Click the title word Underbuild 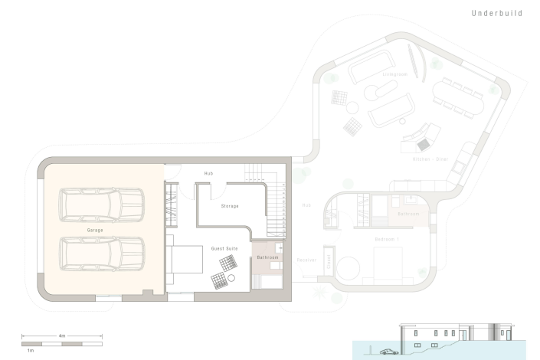pos(497,14)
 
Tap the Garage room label pos(94,230)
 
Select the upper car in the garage pos(102,205)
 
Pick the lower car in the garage pos(102,254)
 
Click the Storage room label pos(230,206)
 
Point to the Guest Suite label pos(224,249)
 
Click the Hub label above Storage pos(208,174)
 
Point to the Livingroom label pos(394,75)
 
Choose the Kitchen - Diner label pos(430,159)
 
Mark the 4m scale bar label pos(62,335)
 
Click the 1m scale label pos(30,349)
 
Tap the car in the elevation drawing pos(388,352)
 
